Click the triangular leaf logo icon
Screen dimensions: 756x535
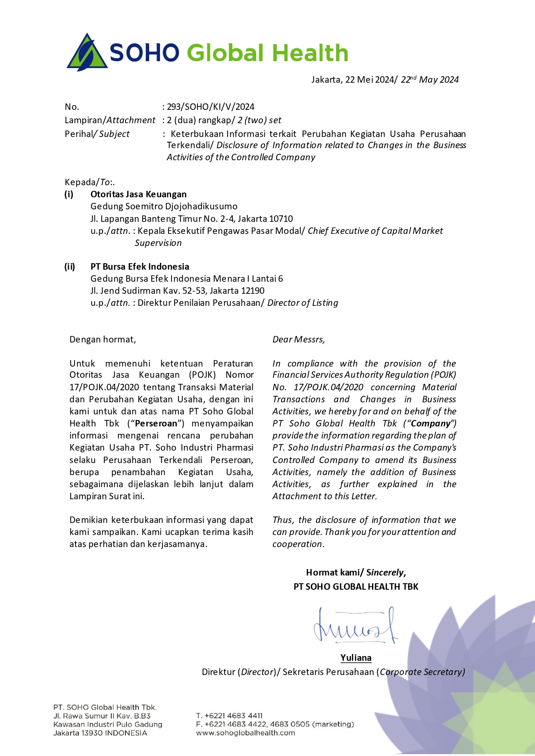[x=87, y=53]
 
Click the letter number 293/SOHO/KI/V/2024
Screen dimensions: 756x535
[x=210, y=107]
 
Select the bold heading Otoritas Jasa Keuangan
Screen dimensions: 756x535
[x=138, y=194]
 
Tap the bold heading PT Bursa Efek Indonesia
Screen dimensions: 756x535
[x=140, y=267]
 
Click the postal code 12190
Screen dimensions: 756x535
[x=252, y=291]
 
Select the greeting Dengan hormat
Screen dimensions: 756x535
[x=103, y=339]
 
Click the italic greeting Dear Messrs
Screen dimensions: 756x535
[x=298, y=339]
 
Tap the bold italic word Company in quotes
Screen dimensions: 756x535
[x=431, y=423]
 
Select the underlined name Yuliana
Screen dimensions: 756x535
[x=356, y=658]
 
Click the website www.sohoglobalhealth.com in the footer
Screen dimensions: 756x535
[x=245, y=733]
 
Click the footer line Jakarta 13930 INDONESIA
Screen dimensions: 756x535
[x=100, y=733]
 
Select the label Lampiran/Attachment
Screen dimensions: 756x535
[x=110, y=120]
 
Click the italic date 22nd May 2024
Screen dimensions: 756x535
[x=429, y=80]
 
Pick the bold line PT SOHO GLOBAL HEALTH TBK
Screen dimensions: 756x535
[x=356, y=587]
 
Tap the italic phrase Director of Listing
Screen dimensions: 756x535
[x=303, y=303]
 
